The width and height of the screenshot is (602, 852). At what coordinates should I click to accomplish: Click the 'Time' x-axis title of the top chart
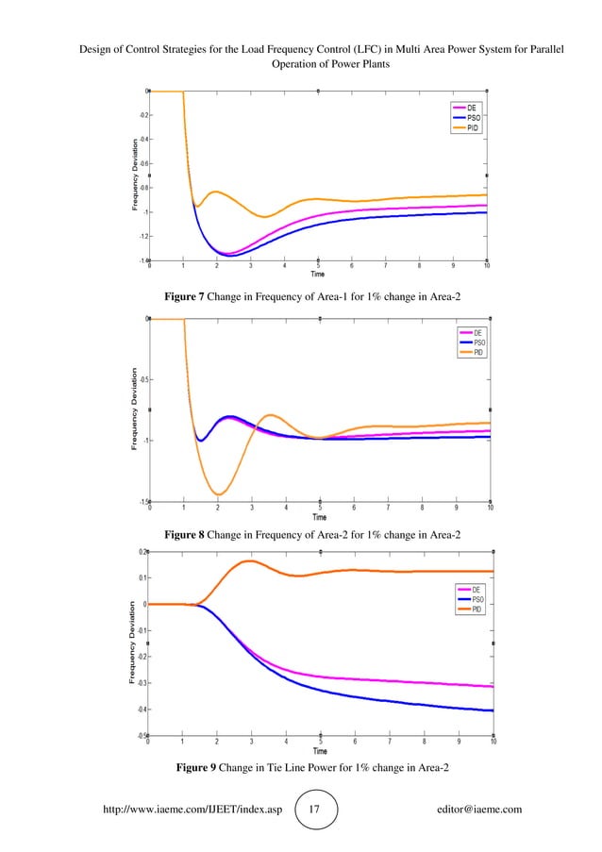click(x=319, y=275)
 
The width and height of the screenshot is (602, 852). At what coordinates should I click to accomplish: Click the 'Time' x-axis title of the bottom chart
click(x=320, y=751)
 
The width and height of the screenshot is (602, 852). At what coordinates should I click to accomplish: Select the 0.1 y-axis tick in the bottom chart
click(x=141, y=577)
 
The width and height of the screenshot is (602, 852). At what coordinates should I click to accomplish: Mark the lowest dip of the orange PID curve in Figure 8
click(x=219, y=494)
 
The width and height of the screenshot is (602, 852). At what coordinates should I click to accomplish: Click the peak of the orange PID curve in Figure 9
click(x=250, y=561)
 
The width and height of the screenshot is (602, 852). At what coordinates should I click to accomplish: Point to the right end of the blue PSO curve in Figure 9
click(x=492, y=710)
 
